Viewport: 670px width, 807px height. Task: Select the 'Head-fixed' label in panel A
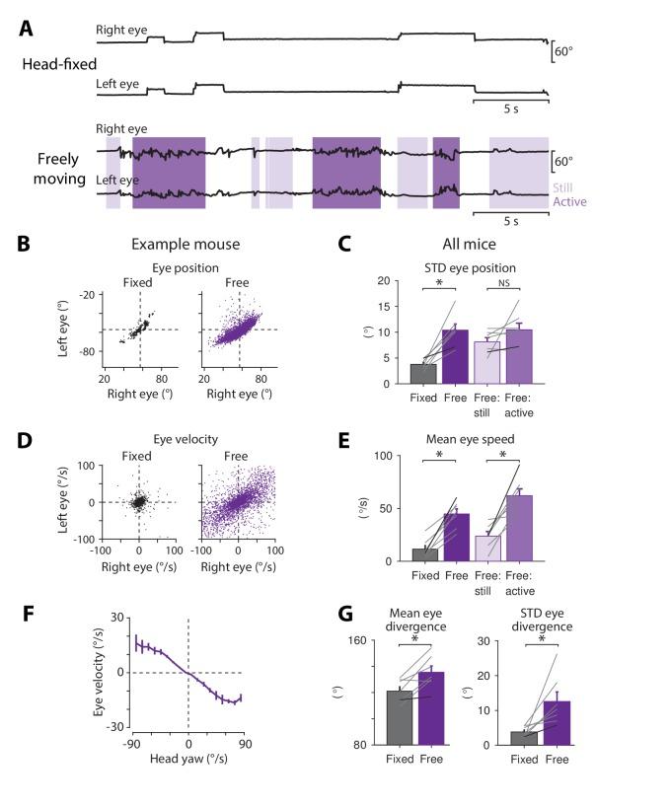[54, 63]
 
